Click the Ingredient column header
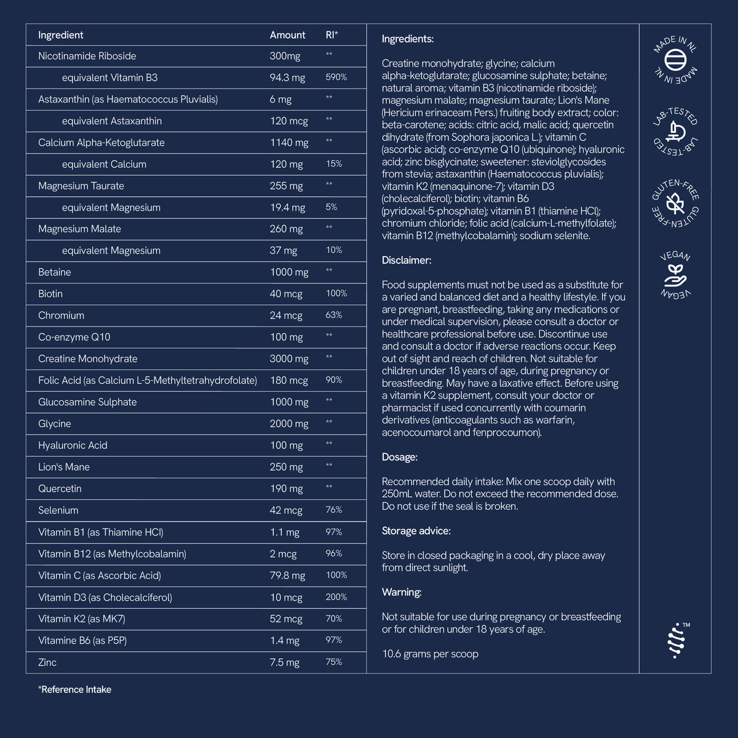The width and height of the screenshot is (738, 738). point(60,35)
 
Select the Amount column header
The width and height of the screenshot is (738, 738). point(287,35)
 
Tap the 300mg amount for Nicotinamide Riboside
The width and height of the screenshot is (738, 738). point(285,56)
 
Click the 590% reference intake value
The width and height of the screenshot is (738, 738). point(336,77)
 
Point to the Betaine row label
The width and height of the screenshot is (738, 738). point(54,272)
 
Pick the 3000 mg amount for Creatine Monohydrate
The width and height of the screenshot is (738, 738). point(288,359)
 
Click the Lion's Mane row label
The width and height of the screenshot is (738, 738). point(63,467)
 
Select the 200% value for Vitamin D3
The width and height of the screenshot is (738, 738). point(336,597)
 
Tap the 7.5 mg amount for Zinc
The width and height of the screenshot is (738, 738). point(284,662)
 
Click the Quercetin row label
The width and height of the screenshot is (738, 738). point(60,488)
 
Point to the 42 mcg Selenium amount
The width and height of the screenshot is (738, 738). point(285,510)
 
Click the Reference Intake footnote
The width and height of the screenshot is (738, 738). point(74,689)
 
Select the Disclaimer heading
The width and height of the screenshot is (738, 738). point(407,260)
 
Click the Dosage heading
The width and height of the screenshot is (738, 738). point(399,457)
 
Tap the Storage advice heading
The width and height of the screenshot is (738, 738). point(416,531)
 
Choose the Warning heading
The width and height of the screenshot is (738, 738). point(402,592)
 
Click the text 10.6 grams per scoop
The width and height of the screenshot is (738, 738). point(430,654)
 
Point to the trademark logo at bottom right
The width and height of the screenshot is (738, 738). point(676,640)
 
